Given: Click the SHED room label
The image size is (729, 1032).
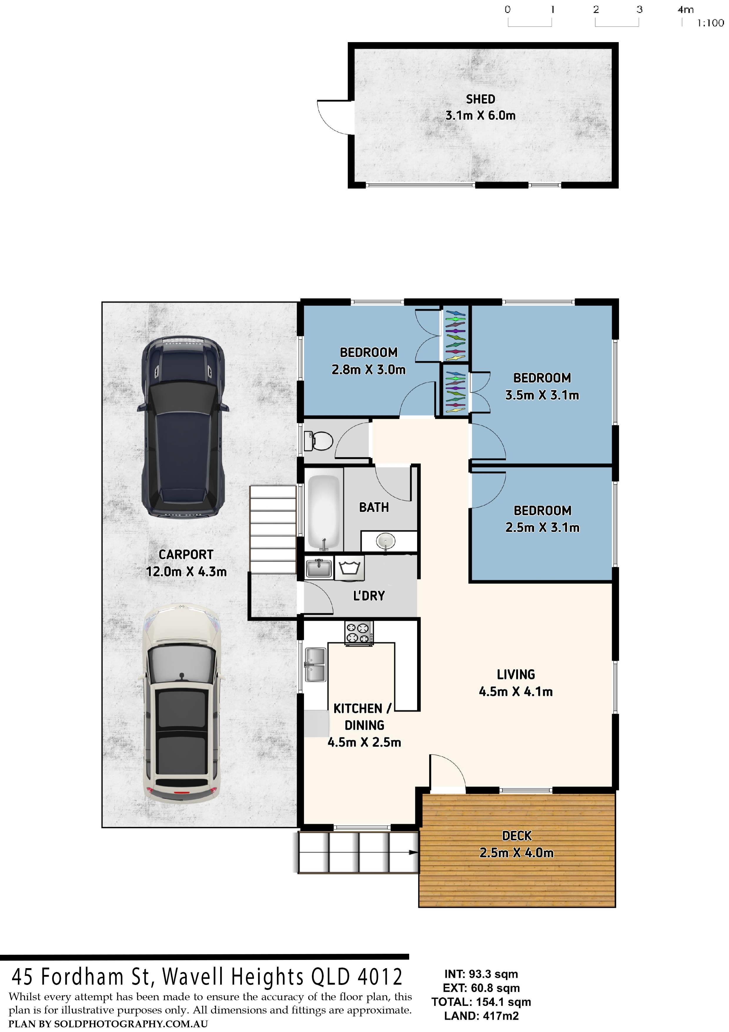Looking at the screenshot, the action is click(480, 99).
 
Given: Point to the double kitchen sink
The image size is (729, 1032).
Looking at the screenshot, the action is click(315, 664).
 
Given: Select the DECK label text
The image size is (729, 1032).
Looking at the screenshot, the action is click(516, 835).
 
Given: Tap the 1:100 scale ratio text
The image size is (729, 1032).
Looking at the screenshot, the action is click(710, 23).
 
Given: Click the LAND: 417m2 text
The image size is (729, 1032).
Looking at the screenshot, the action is click(481, 1016).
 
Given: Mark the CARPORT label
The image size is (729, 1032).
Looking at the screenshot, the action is click(186, 554).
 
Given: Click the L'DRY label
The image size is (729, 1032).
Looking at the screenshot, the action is click(369, 595).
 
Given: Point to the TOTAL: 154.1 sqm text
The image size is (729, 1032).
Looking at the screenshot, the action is click(481, 1002).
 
